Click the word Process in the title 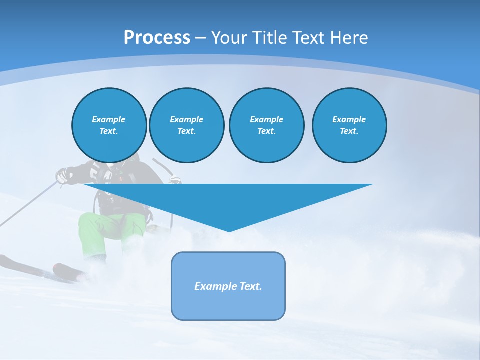(x=157, y=38)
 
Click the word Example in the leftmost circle (x=109, y=119)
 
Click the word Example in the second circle (x=186, y=119)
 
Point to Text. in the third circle (x=266, y=131)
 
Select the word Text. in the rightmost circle (x=349, y=131)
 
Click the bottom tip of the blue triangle (x=228, y=230)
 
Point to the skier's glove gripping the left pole (x=62, y=175)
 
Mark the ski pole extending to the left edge (x=25, y=207)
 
